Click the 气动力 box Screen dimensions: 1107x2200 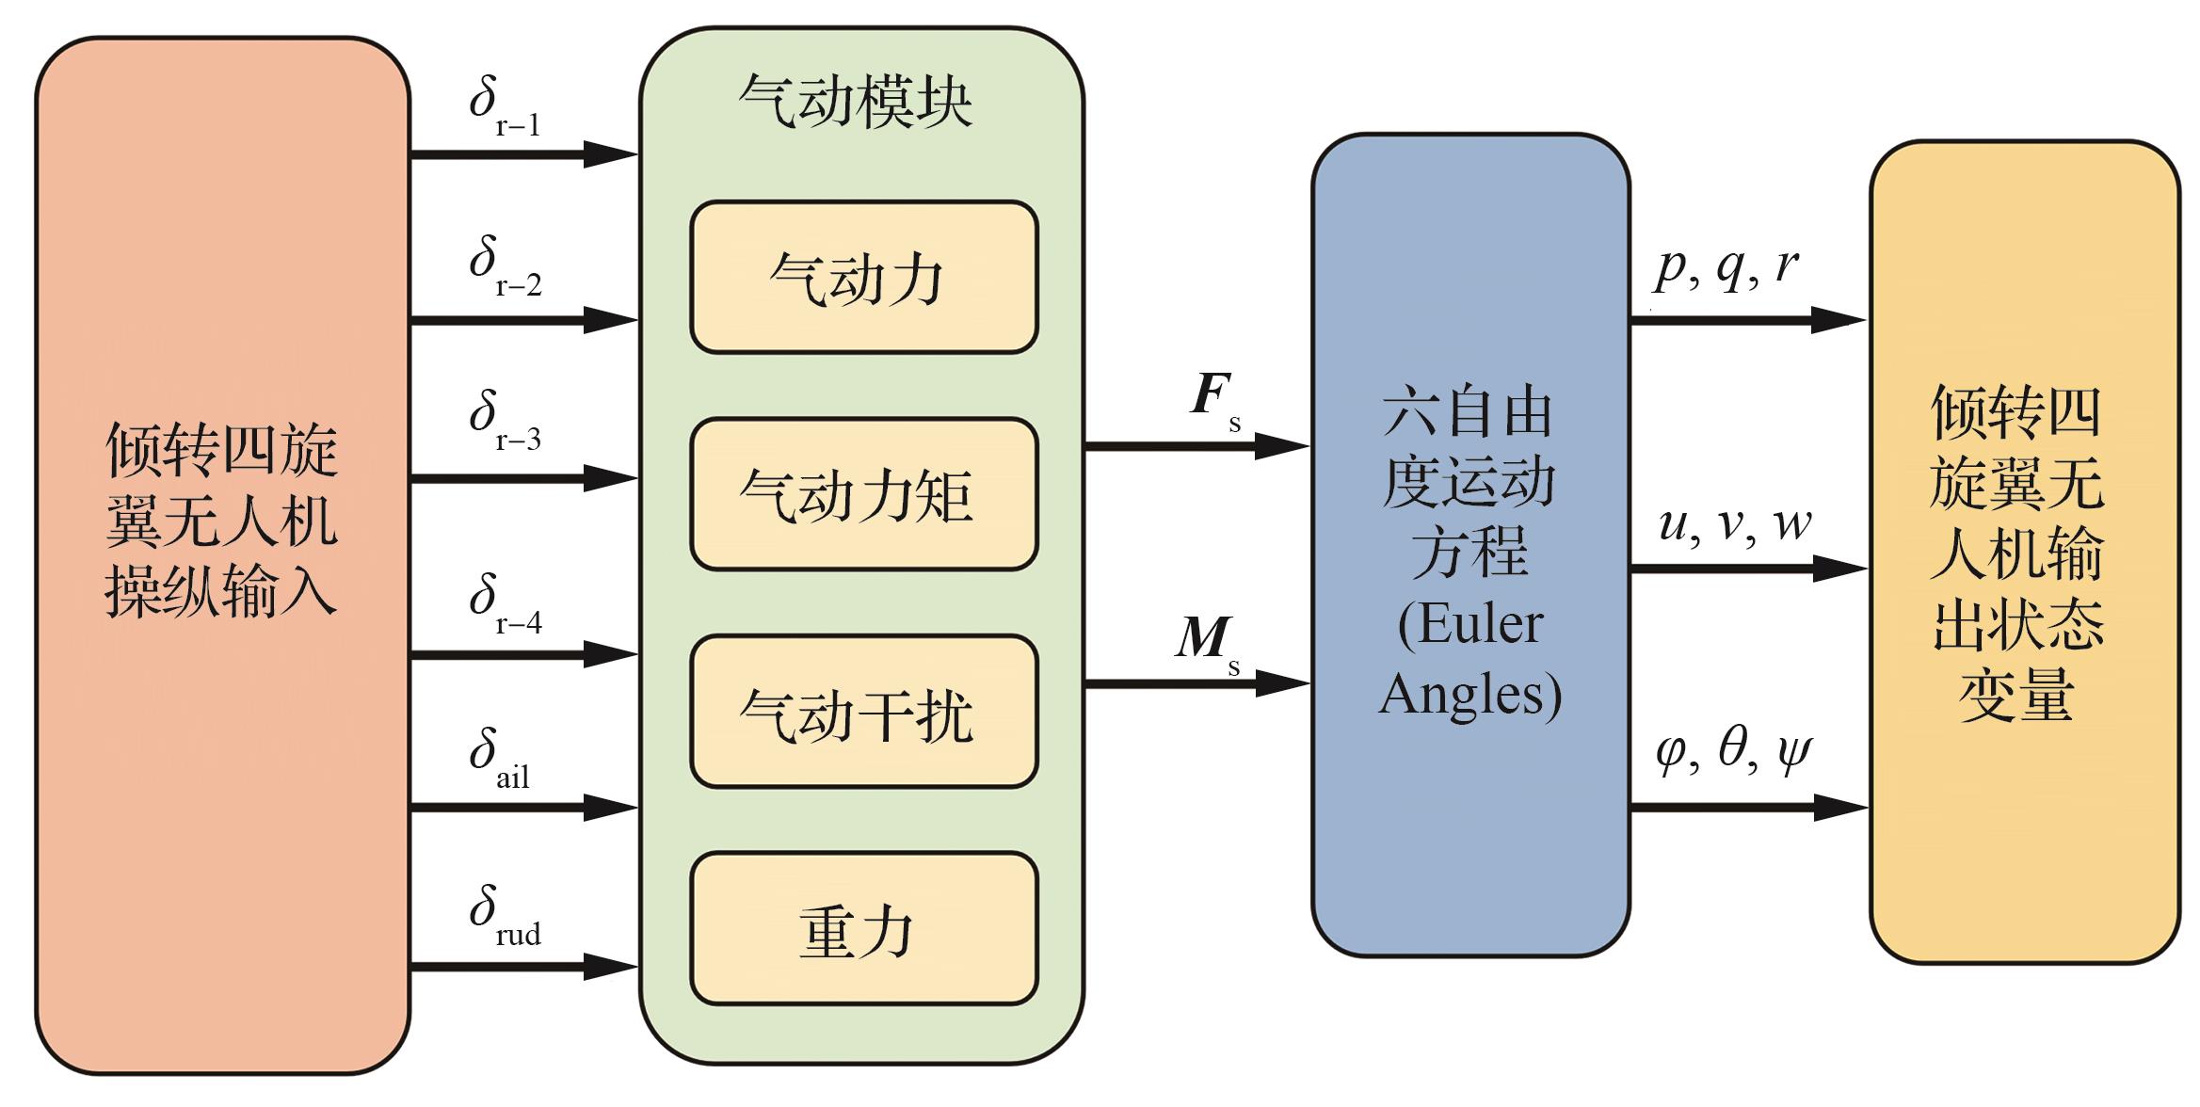click(x=863, y=278)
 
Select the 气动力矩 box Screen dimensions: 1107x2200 click(x=863, y=494)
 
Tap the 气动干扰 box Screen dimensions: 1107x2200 click(x=863, y=712)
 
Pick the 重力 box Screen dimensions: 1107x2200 click(x=863, y=929)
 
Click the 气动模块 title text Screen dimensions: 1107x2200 click(x=855, y=101)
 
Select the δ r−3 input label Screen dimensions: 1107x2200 click(x=505, y=421)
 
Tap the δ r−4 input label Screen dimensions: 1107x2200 click(x=505, y=604)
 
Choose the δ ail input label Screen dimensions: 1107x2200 click(x=500, y=759)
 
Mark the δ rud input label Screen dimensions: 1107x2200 click(x=505, y=916)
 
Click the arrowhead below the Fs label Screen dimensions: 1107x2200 click(x=1280, y=445)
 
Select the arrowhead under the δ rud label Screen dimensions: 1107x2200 click(x=610, y=967)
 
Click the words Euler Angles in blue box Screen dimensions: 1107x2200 click(x=1470, y=659)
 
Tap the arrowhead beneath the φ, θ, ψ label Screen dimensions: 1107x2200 click(x=1839, y=808)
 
